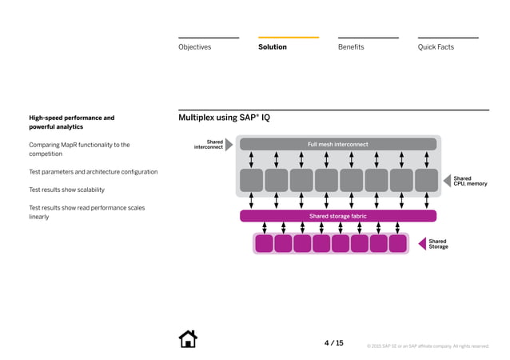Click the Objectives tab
click(x=194, y=47)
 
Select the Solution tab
click(x=273, y=47)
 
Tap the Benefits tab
click(x=351, y=47)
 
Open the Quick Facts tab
click(x=436, y=47)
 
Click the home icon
click(x=188, y=339)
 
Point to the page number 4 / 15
click(x=333, y=343)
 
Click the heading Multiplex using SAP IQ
click(x=224, y=118)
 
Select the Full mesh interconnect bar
click(x=338, y=145)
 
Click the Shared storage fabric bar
click(x=338, y=216)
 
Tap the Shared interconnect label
click(x=209, y=145)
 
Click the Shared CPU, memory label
click(x=470, y=182)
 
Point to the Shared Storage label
click(x=438, y=244)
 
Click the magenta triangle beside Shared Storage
click(x=422, y=243)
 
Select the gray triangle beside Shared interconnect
click(x=229, y=145)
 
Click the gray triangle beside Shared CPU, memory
click(x=448, y=181)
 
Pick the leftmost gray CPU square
click(x=251, y=180)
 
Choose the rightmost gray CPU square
click(x=426, y=180)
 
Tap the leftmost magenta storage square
click(x=264, y=243)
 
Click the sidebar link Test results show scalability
click(x=66, y=190)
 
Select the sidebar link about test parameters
click(x=93, y=172)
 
